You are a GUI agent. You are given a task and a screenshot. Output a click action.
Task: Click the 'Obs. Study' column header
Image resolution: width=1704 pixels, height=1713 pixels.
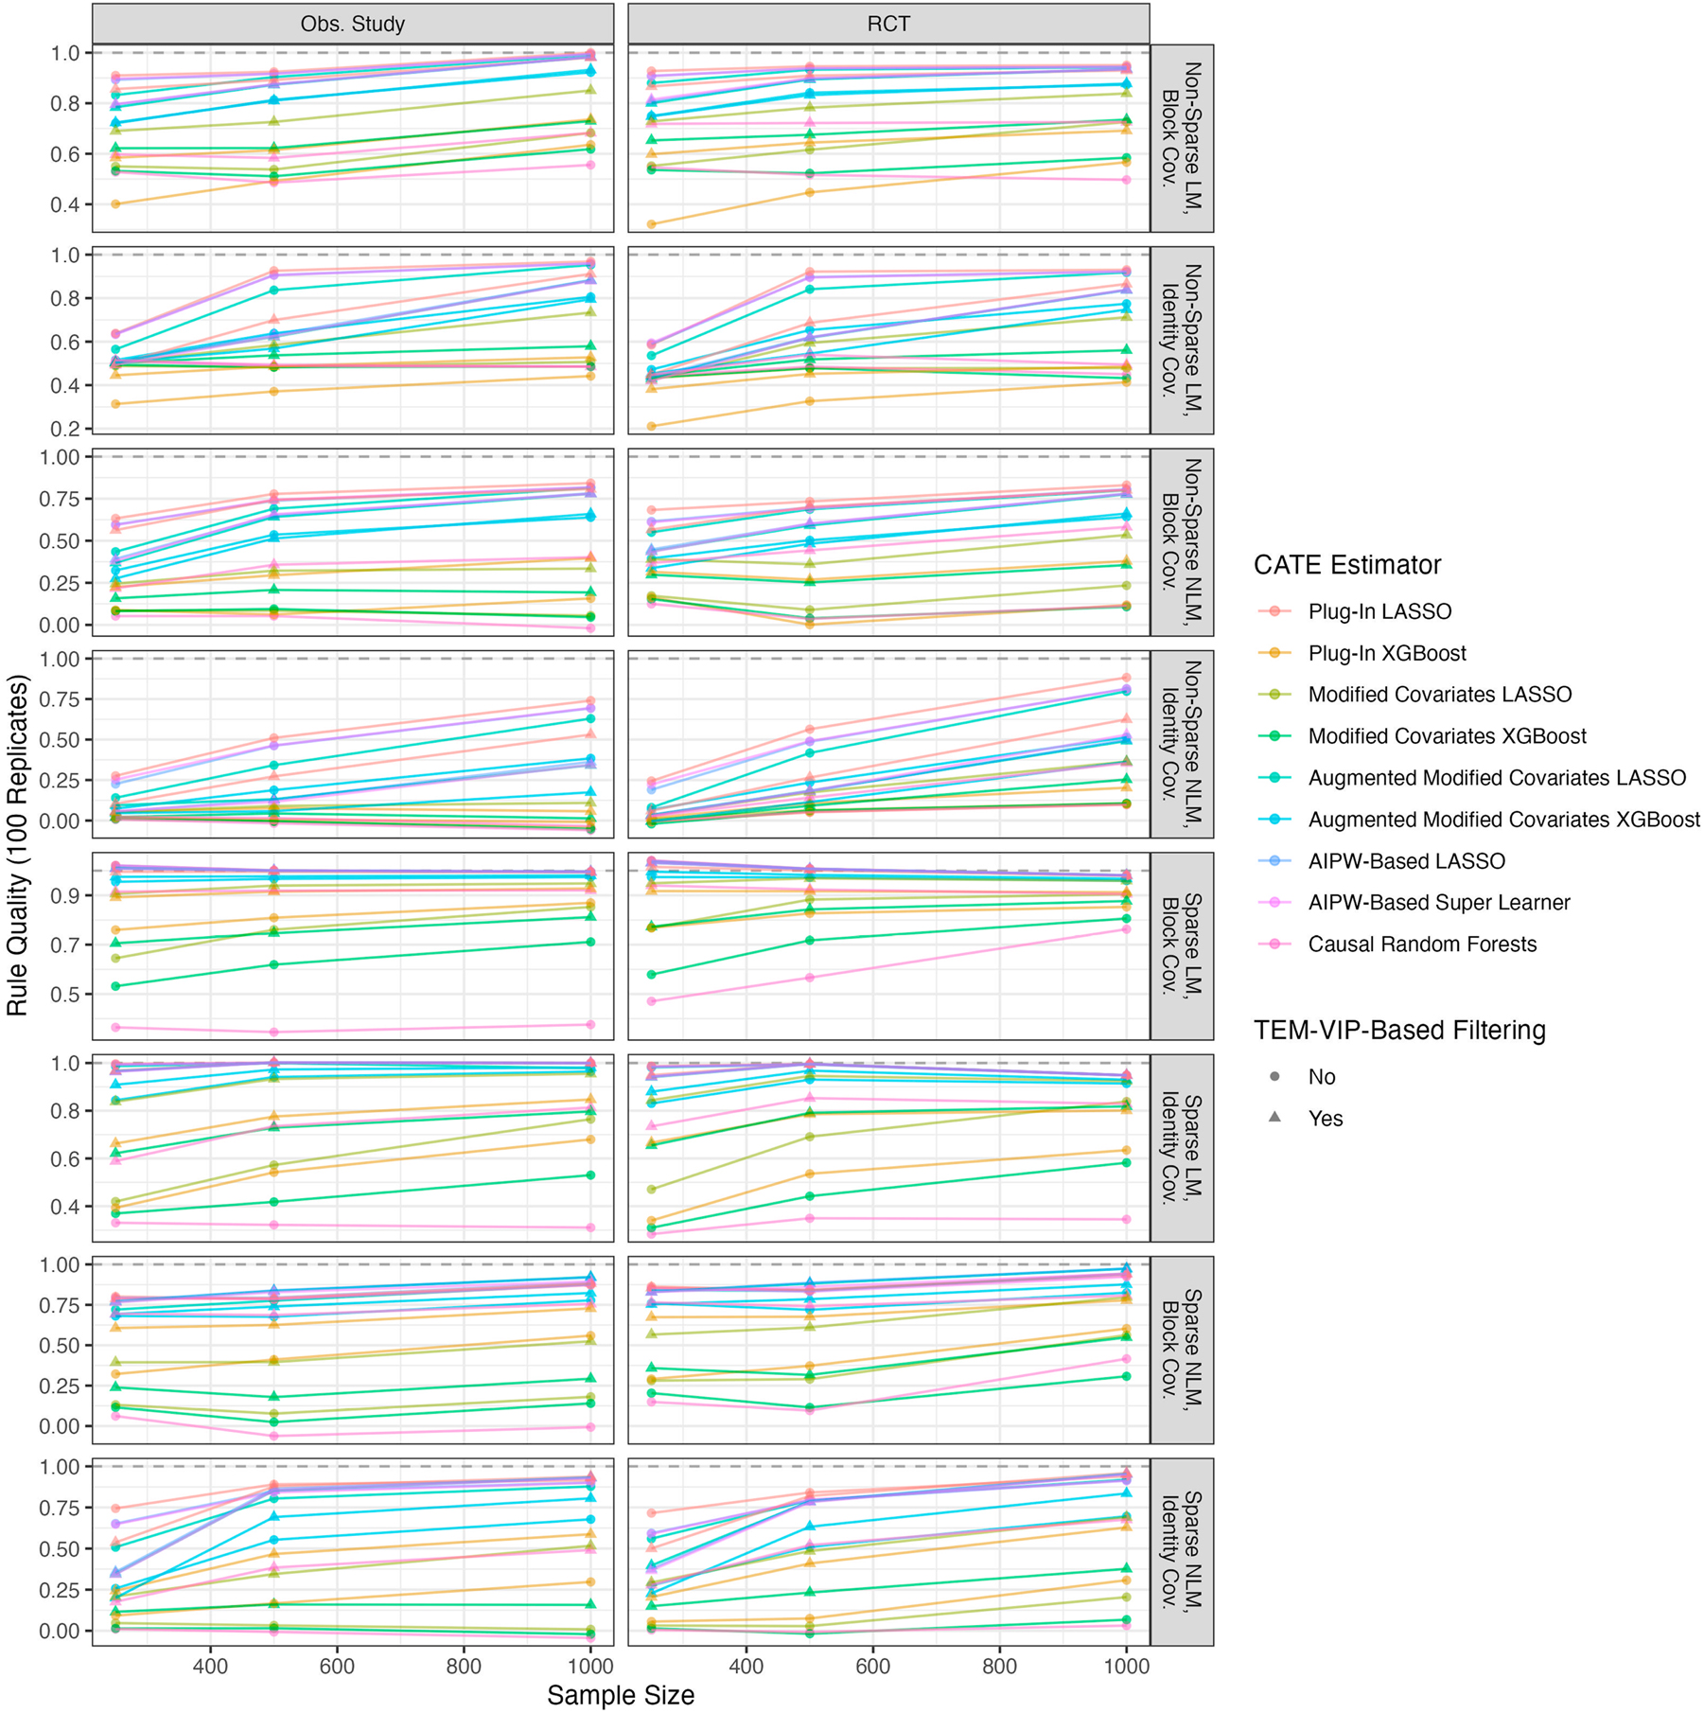click(352, 24)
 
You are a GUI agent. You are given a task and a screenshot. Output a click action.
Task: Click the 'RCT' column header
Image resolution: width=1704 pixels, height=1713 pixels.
click(887, 24)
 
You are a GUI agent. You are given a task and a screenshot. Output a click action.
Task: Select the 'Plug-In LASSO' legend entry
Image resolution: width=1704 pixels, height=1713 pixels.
click(1379, 611)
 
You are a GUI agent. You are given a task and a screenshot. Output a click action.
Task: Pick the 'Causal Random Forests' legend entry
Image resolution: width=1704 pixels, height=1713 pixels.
click(1421, 945)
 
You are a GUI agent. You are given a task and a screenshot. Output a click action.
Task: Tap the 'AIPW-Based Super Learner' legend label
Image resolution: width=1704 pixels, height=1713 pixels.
click(1438, 903)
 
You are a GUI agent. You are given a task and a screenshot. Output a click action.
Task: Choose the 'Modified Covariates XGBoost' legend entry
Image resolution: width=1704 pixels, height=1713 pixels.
click(1447, 736)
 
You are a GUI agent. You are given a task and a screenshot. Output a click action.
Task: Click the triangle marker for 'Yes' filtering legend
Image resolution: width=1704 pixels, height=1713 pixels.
click(1274, 1118)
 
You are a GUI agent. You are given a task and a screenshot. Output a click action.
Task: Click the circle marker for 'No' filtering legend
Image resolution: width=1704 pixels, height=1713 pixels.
click(1274, 1076)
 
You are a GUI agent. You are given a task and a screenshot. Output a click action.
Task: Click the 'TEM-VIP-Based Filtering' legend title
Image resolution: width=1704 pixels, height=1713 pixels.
click(1398, 1031)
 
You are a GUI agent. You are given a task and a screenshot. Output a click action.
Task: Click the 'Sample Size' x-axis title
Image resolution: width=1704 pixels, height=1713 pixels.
click(620, 1695)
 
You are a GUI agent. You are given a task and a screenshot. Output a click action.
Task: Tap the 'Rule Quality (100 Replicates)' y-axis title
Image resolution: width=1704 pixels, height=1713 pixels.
click(18, 845)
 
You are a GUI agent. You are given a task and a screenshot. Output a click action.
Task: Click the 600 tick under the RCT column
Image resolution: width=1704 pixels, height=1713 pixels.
click(872, 1666)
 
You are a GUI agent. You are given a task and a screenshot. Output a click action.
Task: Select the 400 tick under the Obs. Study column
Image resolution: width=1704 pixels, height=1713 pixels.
click(210, 1666)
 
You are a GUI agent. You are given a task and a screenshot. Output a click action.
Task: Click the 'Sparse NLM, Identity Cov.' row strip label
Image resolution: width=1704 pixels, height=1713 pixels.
click(1182, 1551)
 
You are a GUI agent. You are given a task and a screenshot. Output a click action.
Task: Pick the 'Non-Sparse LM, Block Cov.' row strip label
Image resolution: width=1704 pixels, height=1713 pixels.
click(1182, 138)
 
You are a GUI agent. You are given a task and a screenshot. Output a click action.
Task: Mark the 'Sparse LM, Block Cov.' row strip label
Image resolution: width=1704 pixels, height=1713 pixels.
click(1182, 945)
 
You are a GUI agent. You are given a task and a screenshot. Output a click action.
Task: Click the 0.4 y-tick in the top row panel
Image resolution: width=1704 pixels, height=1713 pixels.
click(65, 204)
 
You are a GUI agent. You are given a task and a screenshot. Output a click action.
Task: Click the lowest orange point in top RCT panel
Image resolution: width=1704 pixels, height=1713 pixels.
click(651, 224)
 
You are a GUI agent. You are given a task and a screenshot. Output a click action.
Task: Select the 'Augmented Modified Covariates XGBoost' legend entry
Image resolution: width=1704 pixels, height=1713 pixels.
click(1502, 820)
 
